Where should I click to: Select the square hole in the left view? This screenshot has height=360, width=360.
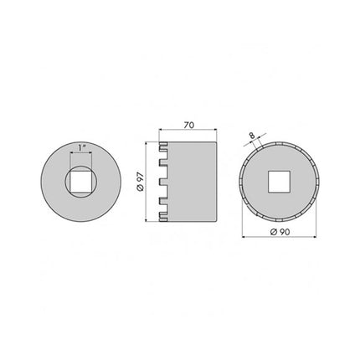pyautogui.click(x=80, y=180)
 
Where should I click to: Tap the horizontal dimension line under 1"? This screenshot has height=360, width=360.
pyautogui.click(x=80, y=154)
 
